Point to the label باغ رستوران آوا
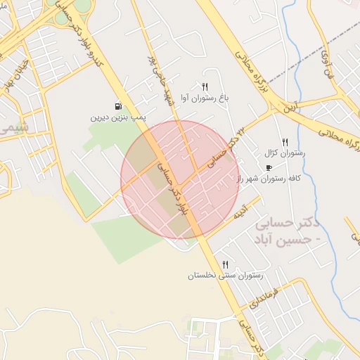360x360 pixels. (205, 98)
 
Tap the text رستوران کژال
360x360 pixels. (284, 153)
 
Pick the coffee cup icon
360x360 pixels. (269, 167)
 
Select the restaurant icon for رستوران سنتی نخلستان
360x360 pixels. (225, 264)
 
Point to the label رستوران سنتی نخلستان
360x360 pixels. (224, 276)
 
